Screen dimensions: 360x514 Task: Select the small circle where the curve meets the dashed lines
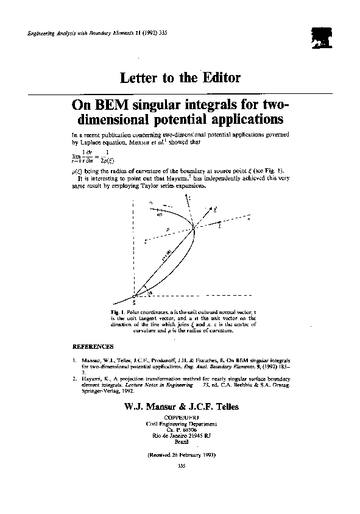[194, 227]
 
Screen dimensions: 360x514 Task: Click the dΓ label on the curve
[160, 215]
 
